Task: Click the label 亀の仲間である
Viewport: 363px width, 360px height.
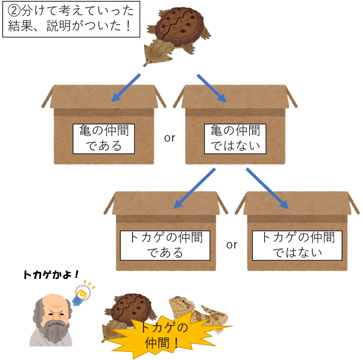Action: pyautogui.click(x=104, y=138)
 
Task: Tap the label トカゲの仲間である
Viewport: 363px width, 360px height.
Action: pyautogui.click(x=165, y=245)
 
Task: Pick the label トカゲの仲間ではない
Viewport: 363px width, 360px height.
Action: pyautogui.click(x=298, y=245)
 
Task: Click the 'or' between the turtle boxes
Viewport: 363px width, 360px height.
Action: pyautogui.click(x=170, y=138)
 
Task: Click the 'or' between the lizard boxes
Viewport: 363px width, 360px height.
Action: pyautogui.click(x=232, y=245)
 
